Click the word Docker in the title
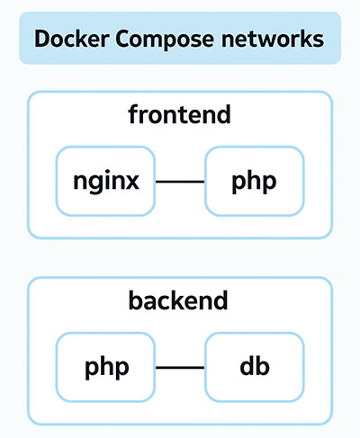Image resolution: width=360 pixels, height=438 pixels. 71,39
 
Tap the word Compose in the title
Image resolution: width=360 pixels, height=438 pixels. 165,40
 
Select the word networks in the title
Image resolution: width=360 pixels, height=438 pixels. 273,39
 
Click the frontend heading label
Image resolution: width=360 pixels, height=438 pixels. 179,114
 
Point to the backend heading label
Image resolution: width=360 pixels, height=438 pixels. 178,300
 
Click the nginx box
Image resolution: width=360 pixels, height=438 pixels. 105,181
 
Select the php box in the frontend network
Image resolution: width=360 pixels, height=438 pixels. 255,181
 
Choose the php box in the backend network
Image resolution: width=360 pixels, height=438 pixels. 105,367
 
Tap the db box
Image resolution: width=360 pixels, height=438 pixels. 255,367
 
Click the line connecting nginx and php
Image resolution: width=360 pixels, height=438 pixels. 180,182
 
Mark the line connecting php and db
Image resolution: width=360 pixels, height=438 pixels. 180,367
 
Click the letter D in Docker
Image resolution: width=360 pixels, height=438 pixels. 42,39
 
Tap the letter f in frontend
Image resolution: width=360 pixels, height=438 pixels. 133,114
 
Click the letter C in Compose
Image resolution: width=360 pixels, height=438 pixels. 123,39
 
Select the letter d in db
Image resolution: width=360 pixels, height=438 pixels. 247,365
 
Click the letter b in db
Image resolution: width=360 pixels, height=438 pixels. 263,365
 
